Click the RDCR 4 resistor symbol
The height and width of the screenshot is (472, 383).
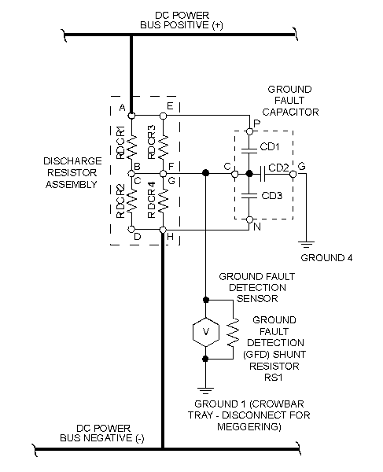point(163,202)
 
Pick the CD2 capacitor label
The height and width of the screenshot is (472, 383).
point(277,166)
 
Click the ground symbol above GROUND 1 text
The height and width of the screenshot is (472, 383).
point(205,388)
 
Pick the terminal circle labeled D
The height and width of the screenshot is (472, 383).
point(131,229)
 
